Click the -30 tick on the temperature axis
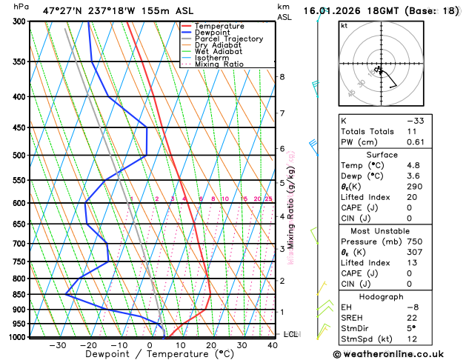coord(58,345)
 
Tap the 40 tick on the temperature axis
coord(273,345)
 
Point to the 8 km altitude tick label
coord(282,77)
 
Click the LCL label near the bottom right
coord(291,334)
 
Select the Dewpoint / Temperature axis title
coord(150,355)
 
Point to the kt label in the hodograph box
coord(344,25)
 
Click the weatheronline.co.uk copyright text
coord(390,353)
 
